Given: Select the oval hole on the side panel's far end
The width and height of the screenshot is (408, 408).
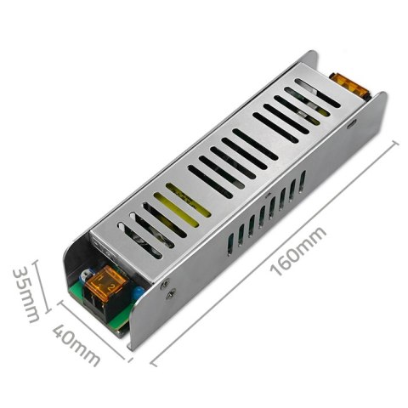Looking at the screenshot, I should coord(352,122).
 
